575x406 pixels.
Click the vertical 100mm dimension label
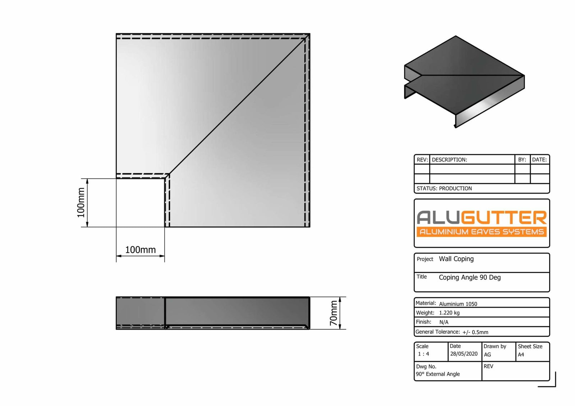[81, 203]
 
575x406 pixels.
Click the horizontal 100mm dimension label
[140, 250]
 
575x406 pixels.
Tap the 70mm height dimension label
[333, 313]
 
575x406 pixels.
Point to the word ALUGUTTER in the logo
[482, 218]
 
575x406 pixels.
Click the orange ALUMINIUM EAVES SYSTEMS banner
[482, 232]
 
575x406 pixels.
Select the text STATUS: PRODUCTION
[444, 188]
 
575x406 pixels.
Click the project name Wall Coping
[456, 259]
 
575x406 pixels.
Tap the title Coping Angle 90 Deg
[469, 277]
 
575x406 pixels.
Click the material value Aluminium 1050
[458, 304]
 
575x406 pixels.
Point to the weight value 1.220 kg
[449, 313]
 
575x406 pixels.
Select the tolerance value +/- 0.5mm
[475, 332]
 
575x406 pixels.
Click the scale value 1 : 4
[423, 354]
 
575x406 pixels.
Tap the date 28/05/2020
[464, 354]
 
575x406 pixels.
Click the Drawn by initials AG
[487, 355]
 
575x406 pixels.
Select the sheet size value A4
[521, 355]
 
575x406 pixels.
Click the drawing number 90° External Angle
[438, 374]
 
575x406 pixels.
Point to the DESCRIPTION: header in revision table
[449, 160]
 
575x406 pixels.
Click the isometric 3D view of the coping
[464, 81]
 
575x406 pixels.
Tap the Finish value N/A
[444, 322]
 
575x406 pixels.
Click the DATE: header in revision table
[539, 160]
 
